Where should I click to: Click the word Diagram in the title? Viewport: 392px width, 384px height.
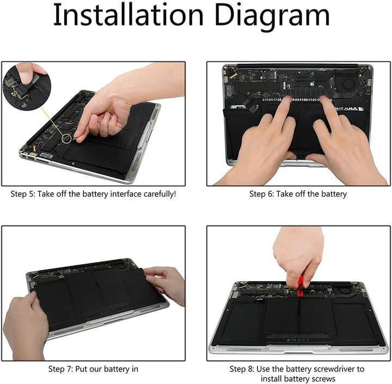tap(272, 17)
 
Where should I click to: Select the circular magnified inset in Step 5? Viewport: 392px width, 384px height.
tap(26, 87)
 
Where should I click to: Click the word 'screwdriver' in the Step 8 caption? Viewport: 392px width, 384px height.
tap(332, 369)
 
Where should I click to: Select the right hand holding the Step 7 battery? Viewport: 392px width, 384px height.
tap(166, 283)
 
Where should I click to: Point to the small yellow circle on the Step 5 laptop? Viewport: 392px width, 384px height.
tap(67, 137)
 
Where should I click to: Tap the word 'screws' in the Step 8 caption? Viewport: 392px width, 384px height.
tap(323, 379)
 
